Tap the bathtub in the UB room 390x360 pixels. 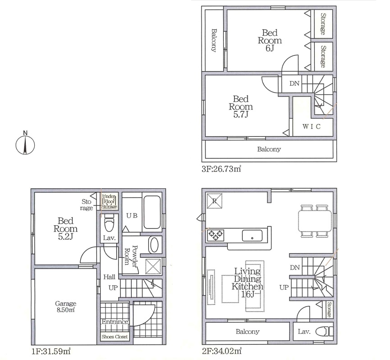(x=152, y=212)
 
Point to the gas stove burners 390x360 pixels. (x=216, y=236)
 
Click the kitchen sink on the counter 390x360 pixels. (x=252, y=236)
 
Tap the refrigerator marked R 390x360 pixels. (x=215, y=201)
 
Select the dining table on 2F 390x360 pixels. (x=316, y=221)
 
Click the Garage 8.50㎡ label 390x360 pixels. (x=65, y=306)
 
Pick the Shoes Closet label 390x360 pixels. (x=115, y=337)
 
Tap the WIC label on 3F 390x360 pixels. (x=312, y=127)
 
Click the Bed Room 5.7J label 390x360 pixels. (x=241, y=106)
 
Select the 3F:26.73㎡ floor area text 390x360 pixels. (x=221, y=169)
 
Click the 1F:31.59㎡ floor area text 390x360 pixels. (x=51, y=351)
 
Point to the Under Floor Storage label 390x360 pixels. (x=109, y=201)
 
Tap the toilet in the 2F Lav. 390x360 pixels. (x=324, y=332)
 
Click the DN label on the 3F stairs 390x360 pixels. (x=294, y=83)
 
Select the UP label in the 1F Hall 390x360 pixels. (x=113, y=287)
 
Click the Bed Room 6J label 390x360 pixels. (x=270, y=40)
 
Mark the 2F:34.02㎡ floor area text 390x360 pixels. (x=222, y=351)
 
